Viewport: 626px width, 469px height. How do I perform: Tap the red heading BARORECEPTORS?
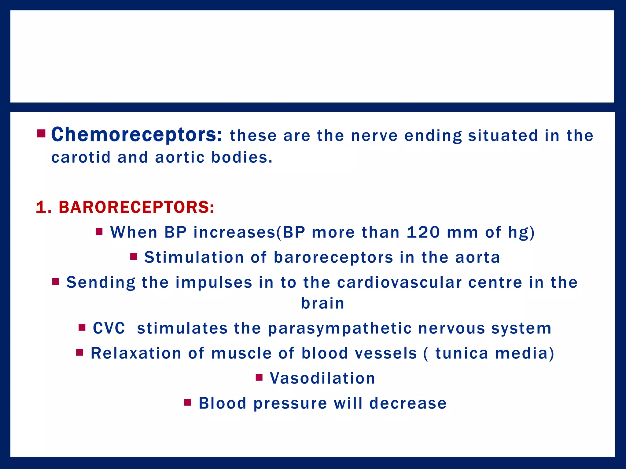click(136, 207)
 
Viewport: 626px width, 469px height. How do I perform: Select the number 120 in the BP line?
click(423, 232)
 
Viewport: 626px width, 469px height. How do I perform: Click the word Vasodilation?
click(322, 378)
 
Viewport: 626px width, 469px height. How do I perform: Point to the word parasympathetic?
click(340, 329)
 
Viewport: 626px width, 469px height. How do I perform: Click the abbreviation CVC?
click(109, 329)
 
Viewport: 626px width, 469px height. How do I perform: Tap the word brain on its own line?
click(323, 304)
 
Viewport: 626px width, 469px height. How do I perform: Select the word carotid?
click(81, 158)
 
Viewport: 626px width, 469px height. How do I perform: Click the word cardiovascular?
click(399, 282)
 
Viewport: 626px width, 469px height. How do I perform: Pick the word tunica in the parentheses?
click(462, 354)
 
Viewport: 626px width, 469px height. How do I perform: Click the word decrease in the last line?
click(408, 403)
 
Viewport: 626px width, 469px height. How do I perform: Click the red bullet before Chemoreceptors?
click(41, 134)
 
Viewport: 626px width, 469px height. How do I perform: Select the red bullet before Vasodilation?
click(259, 377)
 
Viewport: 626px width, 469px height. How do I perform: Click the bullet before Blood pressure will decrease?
click(188, 402)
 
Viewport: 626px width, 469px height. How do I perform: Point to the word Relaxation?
click(136, 354)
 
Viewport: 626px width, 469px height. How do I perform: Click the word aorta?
click(477, 257)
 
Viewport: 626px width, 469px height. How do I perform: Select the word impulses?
click(214, 282)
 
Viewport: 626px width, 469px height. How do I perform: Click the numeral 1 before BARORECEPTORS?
click(41, 207)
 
